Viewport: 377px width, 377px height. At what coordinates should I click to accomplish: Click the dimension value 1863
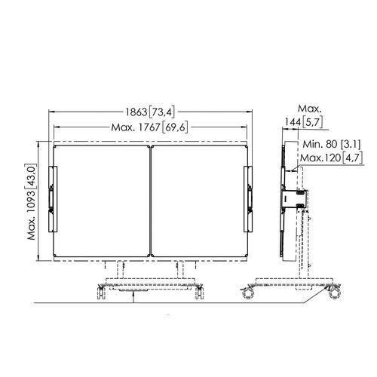point(136,112)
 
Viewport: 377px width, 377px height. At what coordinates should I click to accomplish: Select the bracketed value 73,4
point(161,112)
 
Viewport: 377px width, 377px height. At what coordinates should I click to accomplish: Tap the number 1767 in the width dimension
point(149,127)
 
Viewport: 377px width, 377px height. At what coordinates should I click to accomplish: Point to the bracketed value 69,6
point(175,127)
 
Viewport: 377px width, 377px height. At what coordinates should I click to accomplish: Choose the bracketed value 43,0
point(32,176)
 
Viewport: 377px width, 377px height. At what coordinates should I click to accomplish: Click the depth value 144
point(293,122)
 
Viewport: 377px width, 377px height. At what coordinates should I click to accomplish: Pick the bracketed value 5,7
point(312,122)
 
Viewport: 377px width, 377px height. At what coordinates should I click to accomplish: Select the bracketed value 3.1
point(351,144)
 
